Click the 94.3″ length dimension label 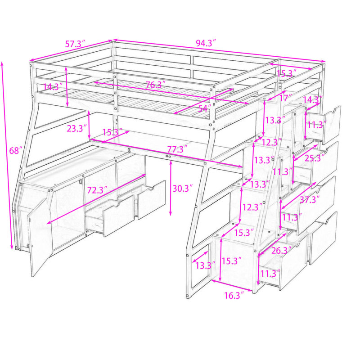point(206,43)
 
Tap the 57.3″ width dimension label point(75,44)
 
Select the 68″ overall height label point(16,151)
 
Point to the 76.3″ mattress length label point(155,85)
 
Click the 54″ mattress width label point(204,108)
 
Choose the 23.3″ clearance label point(76,128)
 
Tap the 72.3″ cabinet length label point(97,190)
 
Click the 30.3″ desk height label point(182,189)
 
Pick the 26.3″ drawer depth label point(282,251)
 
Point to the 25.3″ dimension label point(315,158)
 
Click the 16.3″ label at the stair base point(234,296)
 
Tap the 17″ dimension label point(285,98)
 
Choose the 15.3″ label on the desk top point(112,132)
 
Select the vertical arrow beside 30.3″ point(171,188)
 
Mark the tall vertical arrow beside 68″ point(7,156)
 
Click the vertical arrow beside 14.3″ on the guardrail point(67,86)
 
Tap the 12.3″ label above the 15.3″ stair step point(252,207)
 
